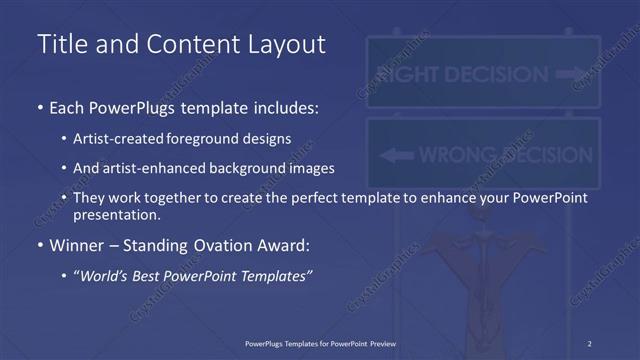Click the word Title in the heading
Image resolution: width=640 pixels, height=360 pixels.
(61, 45)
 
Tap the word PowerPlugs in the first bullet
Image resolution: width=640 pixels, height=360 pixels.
(128, 107)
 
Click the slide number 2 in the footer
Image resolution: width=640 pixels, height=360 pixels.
(590, 344)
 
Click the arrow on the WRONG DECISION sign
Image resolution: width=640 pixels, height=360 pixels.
(397, 155)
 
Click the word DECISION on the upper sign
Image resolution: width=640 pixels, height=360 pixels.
(497, 74)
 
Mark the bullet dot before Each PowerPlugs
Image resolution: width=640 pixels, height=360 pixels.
(39, 107)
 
